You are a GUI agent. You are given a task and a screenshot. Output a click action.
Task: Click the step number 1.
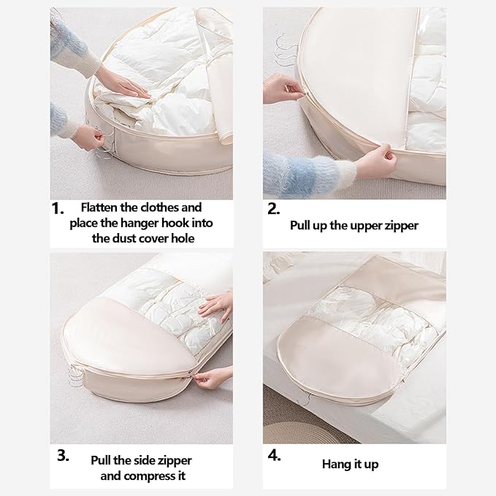coord(58,209)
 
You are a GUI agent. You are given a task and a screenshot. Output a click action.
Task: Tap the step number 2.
coord(274,209)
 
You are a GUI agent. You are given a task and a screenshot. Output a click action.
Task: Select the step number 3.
coord(64,456)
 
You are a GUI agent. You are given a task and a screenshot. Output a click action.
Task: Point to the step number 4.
coord(274,456)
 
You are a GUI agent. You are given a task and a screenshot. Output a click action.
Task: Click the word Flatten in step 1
coord(99,207)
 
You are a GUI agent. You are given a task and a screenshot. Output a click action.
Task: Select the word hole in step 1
coord(183,238)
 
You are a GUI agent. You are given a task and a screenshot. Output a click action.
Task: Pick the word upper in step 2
coord(364,226)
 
